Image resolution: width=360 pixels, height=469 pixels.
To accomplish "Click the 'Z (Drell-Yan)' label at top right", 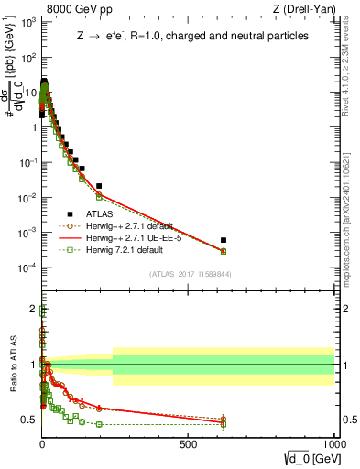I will [299, 9].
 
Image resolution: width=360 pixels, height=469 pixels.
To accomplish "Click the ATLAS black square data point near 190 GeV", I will [99, 186].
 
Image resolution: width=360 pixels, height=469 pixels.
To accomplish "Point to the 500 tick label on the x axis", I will [188, 443].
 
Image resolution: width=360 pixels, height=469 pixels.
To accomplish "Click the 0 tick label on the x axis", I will [42, 443].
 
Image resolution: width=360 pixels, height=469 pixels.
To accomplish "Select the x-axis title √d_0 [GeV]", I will [306, 458].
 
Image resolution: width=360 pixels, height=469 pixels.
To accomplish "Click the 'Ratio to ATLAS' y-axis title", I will [12, 365].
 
